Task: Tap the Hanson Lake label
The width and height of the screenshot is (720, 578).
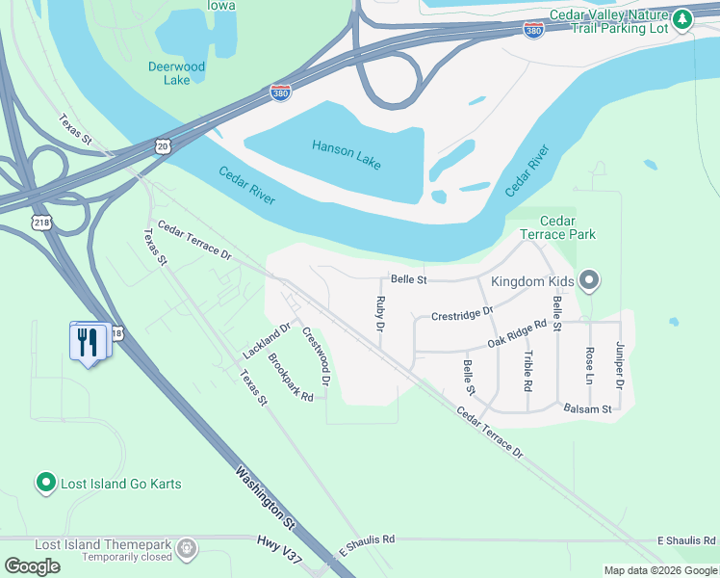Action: [x=347, y=153]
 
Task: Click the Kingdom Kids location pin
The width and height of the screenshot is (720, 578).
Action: [x=590, y=281]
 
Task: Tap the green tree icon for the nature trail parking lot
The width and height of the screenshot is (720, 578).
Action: [x=682, y=18]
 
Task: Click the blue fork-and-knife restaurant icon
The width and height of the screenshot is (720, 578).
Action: [x=89, y=341]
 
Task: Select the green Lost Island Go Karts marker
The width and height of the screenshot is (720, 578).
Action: [x=44, y=483]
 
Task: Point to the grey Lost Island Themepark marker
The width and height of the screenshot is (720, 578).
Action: [x=187, y=549]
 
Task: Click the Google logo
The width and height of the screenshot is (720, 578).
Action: [x=32, y=566]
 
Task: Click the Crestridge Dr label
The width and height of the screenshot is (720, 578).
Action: [x=462, y=314]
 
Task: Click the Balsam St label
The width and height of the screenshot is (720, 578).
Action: [x=588, y=409]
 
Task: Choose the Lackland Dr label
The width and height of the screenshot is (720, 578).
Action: [x=267, y=341]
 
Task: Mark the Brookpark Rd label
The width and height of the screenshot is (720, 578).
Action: [x=291, y=380]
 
